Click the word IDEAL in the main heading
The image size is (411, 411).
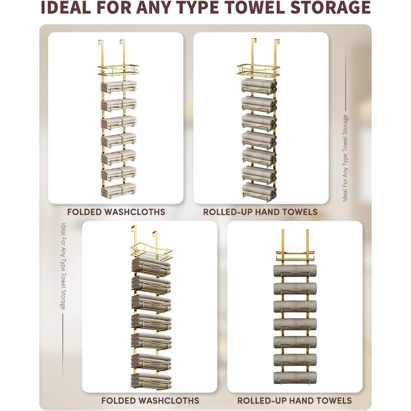pyautogui.click(x=66, y=7)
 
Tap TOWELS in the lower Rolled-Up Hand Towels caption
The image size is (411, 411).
pyautogui.click(x=332, y=400)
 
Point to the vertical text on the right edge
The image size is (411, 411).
pyautogui.click(x=345, y=158)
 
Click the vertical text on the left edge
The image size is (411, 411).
pyautogui.click(x=63, y=266)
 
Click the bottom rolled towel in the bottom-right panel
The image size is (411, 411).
pyautogui.click(x=295, y=378)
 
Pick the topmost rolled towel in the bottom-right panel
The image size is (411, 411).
pyautogui.click(x=295, y=271)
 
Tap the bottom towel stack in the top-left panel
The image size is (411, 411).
pyautogui.click(x=119, y=190)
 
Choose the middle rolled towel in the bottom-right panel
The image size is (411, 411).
pyautogui.click(x=295, y=324)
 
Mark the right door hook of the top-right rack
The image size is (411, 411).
pyautogui.click(x=277, y=52)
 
